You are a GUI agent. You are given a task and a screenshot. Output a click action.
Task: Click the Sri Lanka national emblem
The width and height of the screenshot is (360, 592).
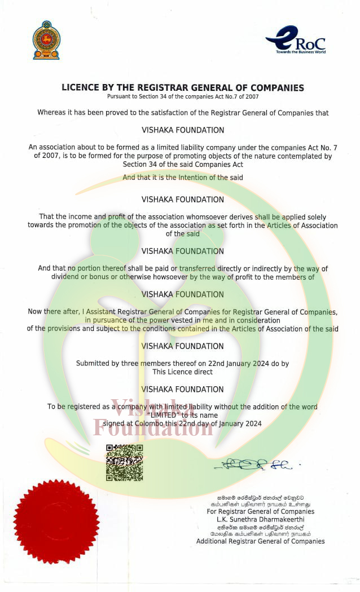46,40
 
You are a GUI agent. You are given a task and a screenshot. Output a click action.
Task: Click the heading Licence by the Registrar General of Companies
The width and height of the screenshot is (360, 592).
182,87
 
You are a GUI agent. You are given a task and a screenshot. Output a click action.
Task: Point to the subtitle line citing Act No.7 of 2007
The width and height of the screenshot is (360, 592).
182,96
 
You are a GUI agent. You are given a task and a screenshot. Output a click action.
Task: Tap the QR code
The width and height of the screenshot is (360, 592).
124,462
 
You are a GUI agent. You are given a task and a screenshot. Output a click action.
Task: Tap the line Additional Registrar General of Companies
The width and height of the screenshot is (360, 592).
261,541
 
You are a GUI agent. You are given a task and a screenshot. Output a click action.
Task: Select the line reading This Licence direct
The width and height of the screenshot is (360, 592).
182,372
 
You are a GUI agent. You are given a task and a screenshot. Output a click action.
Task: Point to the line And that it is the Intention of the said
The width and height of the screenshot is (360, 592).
182,177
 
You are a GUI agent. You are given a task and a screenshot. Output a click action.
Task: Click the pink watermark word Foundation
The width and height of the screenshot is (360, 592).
153,427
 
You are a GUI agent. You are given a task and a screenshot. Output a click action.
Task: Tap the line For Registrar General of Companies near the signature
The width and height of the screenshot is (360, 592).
261,511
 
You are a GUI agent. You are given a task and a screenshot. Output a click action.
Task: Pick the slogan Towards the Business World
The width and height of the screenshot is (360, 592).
301,52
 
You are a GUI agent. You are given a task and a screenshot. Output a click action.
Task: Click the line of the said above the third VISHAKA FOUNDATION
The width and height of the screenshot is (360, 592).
182,233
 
